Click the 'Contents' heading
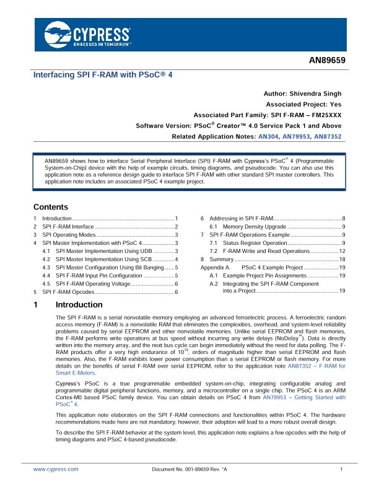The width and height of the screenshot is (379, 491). pyautogui.click(x=50, y=207)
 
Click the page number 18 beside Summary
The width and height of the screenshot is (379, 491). pyautogui.click(x=341, y=259)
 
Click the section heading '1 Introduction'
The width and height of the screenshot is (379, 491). pyautogui.click(x=79, y=305)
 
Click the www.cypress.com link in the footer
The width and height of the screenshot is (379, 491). pyautogui.click(x=56, y=469)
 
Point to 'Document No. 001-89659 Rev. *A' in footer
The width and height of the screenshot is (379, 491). pyautogui.click(x=189, y=469)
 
